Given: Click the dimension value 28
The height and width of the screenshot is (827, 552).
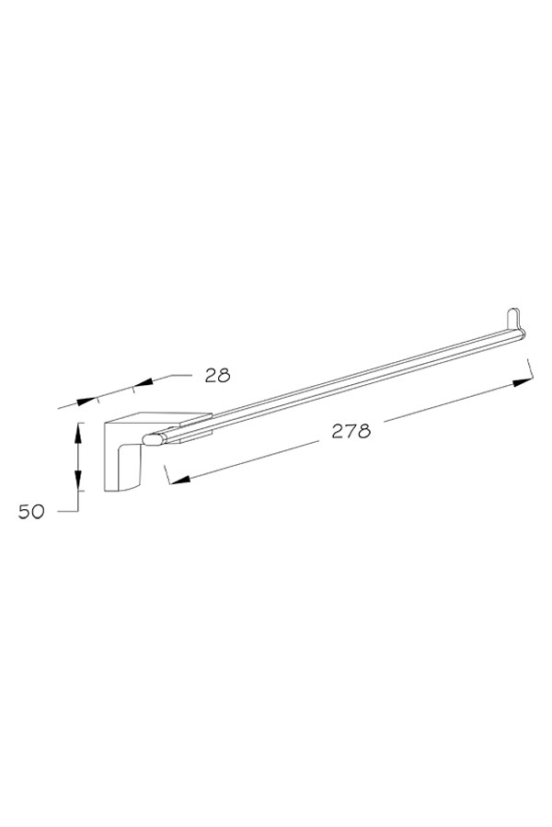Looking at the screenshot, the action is pyautogui.click(x=218, y=375).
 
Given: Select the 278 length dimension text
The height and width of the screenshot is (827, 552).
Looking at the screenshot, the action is pyautogui.click(x=351, y=431).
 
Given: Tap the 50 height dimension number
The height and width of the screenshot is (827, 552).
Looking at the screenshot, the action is pyautogui.click(x=31, y=512).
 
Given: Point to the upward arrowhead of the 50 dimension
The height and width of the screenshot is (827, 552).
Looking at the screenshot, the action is pyautogui.click(x=77, y=434).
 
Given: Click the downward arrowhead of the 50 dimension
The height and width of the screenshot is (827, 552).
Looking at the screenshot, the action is pyautogui.click(x=77, y=480).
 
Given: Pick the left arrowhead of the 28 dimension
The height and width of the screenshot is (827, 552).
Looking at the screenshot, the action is pyautogui.click(x=86, y=401).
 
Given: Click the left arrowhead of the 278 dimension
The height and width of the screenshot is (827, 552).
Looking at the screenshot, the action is pyautogui.click(x=180, y=479).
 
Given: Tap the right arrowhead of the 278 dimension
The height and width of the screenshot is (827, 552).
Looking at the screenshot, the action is pyautogui.click(x=522, y=382).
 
